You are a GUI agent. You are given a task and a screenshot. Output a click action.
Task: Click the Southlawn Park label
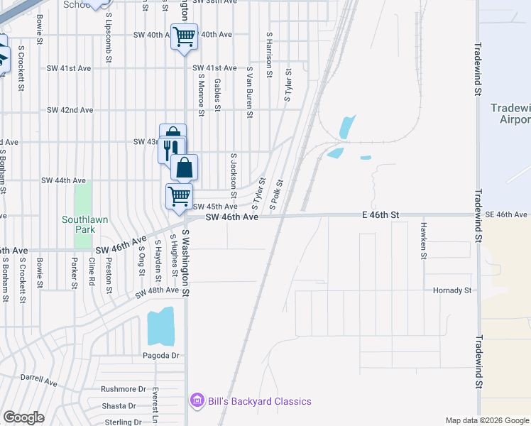(x=85, y=224)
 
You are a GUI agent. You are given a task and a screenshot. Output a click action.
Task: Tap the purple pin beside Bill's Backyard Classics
(x=197, y=401)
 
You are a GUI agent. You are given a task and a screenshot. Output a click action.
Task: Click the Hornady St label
(x=452, y=290)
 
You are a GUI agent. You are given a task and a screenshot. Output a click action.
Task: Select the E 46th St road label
(x=381, y=214)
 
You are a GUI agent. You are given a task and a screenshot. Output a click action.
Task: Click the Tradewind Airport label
(x=510, y=114)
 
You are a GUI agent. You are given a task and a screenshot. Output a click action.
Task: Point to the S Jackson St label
(x=233, y=175)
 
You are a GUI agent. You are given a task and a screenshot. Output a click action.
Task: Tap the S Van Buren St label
(x=250, y=92)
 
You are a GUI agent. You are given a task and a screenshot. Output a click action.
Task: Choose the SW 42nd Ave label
(x=70, y=110)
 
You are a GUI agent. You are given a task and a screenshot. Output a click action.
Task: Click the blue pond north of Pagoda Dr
(x=160, y=326)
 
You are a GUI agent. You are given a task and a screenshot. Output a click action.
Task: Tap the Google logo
(x=23, y=417)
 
